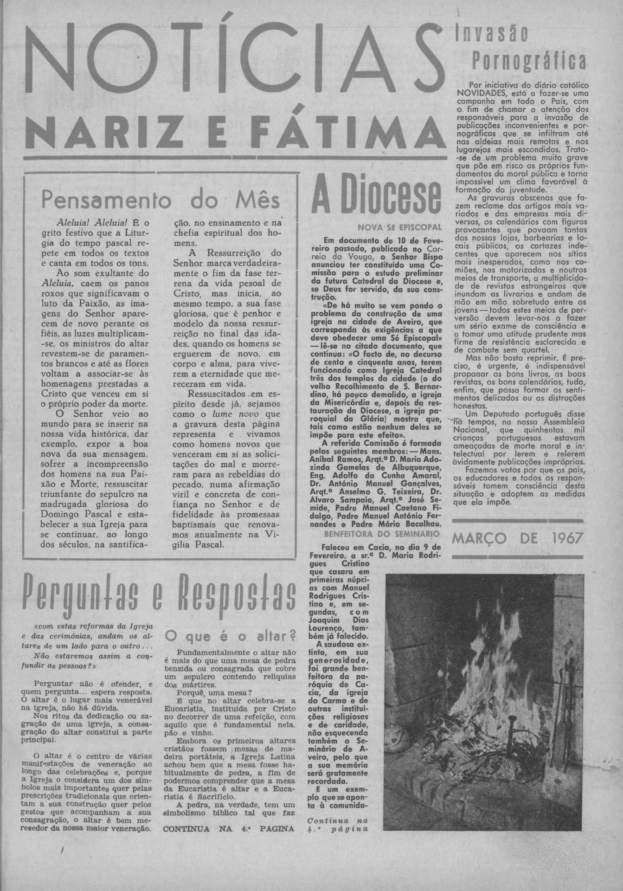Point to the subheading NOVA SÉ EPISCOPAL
[x=400, y=228]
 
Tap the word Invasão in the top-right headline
[x=492, y=34]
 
